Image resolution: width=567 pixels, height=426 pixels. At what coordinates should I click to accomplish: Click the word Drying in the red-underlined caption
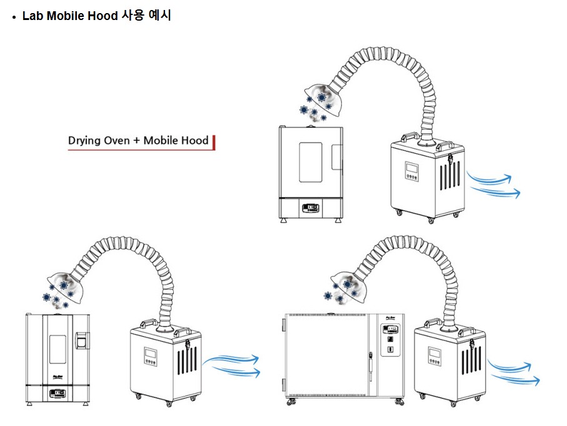pyautogui.click(x=84, y=140)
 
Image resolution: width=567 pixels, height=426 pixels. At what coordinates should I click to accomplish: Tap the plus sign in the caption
pyautogui.click(x=136, y=141)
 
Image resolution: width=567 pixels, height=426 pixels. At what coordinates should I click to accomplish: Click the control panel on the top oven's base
pyautogui.click(x=309, y=207)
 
